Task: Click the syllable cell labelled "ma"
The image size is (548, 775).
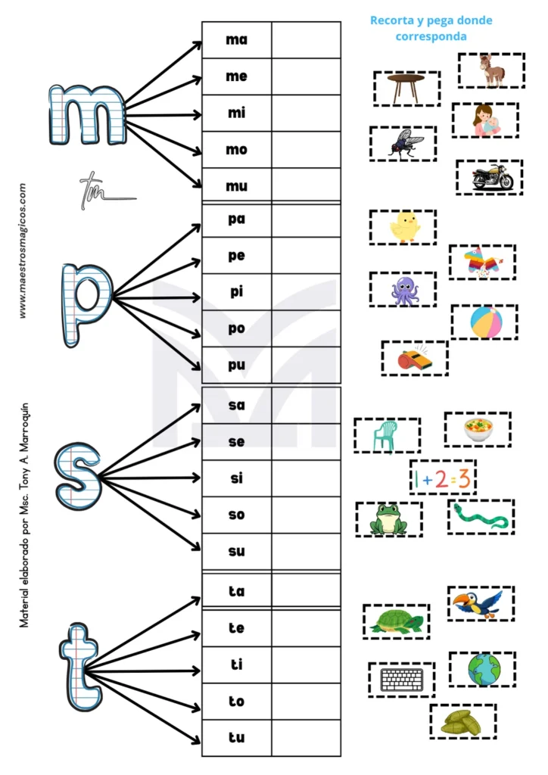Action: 237,39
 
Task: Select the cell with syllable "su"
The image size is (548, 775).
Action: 237,551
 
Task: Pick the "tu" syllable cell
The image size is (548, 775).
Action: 237,737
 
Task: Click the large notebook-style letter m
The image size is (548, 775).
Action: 86,116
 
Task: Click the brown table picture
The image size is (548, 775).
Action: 406,88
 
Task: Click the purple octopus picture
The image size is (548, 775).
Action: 403,290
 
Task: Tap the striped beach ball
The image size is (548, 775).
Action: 484,322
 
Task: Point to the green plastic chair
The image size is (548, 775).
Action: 386,436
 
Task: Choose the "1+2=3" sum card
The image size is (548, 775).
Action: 443,478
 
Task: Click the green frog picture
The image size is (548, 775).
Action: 389,519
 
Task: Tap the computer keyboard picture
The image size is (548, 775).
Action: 402,680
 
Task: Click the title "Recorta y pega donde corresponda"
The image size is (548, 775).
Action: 431,28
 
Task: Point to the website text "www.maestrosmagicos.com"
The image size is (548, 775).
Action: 23,250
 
